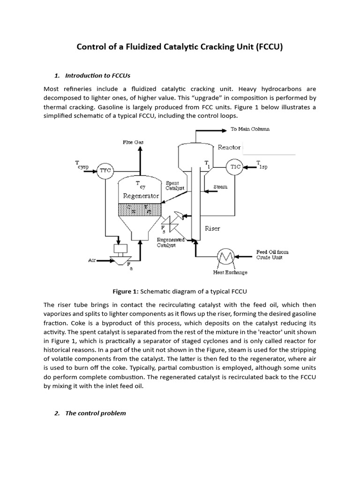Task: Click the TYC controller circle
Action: [105, 171]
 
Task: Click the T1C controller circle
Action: [235, 167]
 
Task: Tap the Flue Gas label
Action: [134, 141]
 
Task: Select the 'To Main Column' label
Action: [250, 129]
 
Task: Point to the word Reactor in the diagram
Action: [229, 147]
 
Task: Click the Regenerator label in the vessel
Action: [141, 196]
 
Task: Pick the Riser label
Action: [212, 229]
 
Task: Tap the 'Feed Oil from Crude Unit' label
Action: [272, 255]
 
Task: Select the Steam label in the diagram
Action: [220, 187]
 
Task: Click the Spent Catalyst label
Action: [175, 185]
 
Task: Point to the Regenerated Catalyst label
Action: [171, 242]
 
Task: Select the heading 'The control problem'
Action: [95, 413]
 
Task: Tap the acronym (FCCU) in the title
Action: [269, 48]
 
